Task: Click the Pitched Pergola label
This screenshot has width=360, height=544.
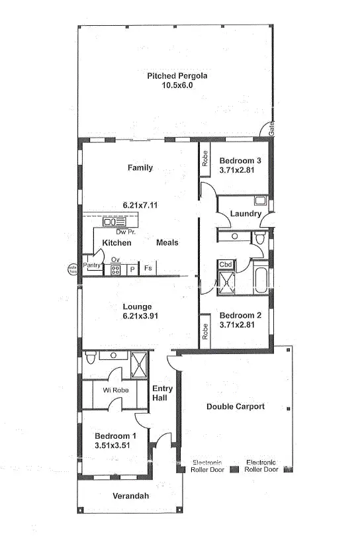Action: click(177, 76)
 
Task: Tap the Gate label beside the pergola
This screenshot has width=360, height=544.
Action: click(271, 130)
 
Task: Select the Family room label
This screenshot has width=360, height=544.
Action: click(140, 168)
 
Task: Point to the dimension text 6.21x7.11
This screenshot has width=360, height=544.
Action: click(140, 205)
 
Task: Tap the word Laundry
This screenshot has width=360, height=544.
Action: click(245, 214)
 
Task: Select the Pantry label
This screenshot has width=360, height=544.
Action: click(91, 265)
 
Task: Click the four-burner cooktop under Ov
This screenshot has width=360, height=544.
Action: click(115, 270)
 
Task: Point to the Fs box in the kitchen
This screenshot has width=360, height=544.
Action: click(148, 269)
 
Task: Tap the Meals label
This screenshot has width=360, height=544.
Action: click(167, 243)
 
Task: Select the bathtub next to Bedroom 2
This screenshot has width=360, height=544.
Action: click(260, 279)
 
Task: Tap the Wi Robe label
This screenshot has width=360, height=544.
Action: click(114, 390)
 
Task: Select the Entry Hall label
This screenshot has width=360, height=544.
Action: click(162, 393)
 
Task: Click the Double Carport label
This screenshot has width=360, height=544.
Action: click(235, 406)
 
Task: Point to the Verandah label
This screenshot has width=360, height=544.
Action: click(130, 496)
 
